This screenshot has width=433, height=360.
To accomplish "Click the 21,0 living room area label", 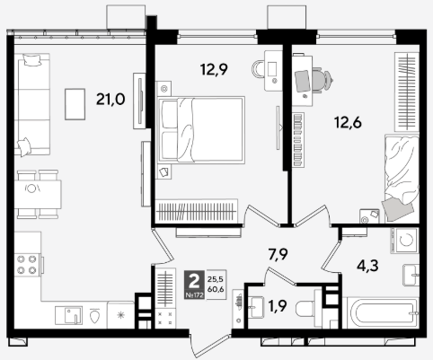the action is tap(110, 100).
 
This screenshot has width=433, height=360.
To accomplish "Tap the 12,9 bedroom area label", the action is tap(214, 70).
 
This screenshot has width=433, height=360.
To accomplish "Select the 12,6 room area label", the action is tap(348, 123).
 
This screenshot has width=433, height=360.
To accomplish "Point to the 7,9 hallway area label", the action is tap(278, 255).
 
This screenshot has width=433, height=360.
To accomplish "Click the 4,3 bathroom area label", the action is tap(367, 266).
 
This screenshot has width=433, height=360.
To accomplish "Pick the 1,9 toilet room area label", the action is tap(278, 306).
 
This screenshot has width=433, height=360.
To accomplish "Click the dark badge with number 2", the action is tap(195, 285).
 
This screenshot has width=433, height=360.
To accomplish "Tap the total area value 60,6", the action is tap(216, 289).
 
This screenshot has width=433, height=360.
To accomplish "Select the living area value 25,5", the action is tap(216, 279).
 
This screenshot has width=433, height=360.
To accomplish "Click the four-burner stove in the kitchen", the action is tap(27, 265).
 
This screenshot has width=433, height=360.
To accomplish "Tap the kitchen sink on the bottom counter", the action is tap(68, 315).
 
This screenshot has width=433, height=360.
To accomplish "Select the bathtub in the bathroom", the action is tap(383, 312).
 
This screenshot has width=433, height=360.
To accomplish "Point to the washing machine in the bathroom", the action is tap(404, 241).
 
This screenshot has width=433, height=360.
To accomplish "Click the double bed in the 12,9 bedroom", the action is tap(201, 130).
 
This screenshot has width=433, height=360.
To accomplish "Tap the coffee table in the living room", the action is tap(75, 104).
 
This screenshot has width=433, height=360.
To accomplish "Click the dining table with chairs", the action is tap(38, 195).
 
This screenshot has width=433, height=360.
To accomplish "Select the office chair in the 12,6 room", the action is tap(322, 80).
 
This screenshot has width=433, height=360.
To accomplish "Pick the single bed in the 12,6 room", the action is tap(402, 179).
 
